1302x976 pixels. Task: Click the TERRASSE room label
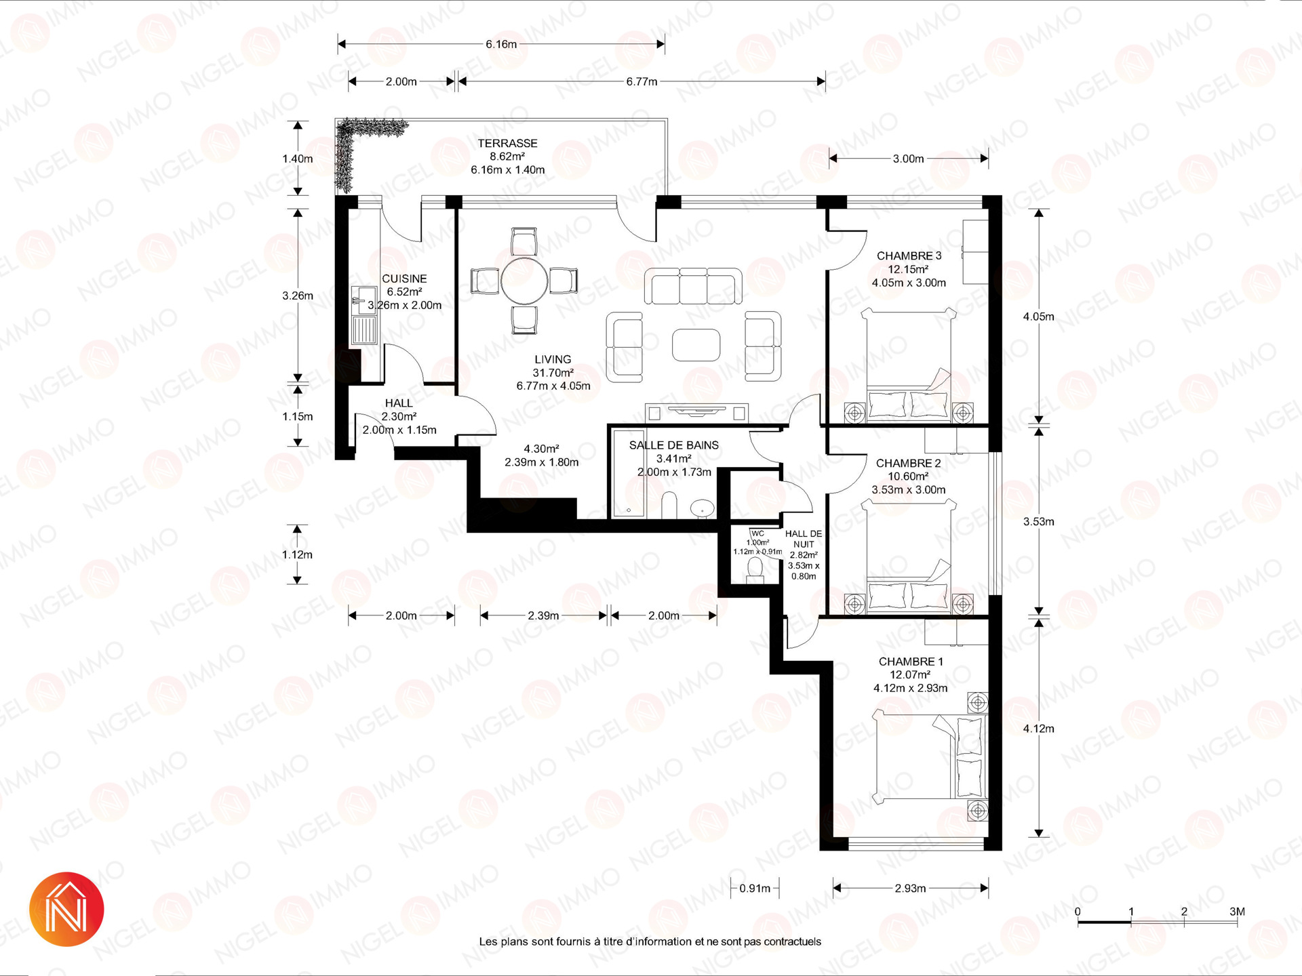[x=507, y=144]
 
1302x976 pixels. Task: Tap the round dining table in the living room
[x=524, y=281]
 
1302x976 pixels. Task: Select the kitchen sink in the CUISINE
[x=364, y=317]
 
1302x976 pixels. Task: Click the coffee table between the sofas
[x=696, y=345]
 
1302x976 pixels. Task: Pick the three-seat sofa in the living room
[x=693, y=286]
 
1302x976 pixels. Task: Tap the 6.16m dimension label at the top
[x=501, y=45]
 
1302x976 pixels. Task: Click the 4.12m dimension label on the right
[x=1038, y=729]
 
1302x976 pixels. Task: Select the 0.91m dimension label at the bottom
[x=755, y=889]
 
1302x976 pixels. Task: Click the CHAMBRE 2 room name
[x=908, y=464]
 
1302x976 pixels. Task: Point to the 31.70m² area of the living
[x=553, y=373]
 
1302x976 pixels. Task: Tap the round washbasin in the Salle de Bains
[x=703, y=507]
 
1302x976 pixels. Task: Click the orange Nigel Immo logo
[x=66, y=909]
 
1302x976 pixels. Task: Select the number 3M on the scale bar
[x=1237, y=912]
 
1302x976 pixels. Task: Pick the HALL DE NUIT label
[x=804, y=539]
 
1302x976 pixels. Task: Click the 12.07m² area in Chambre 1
[x=910, y=675]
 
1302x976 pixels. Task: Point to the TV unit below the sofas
[x=696, y=411]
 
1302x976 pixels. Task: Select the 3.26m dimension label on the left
[x=298, y=296]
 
